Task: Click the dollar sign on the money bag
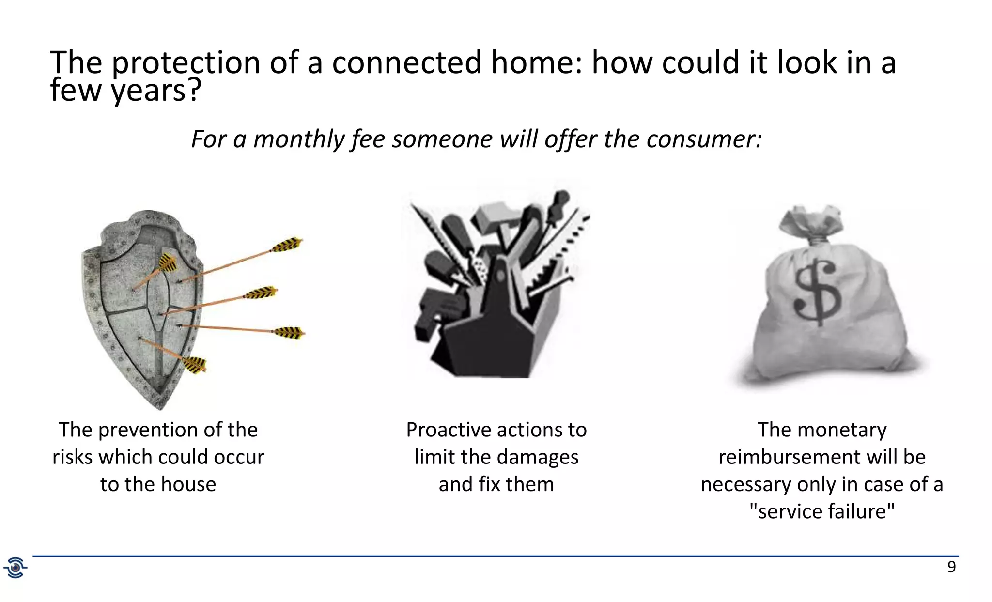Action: tap(818, 292)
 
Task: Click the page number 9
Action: tap(951, 567)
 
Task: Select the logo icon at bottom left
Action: tap(15, 567)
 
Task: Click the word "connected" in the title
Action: tap(406, 63)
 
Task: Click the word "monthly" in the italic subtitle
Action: tap(298, 139)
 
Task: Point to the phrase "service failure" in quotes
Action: tap(822, 511)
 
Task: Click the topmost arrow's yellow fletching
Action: tap(287, 245)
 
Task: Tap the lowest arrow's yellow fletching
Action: tap(195, 364)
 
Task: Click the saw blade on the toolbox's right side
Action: tap(562, 252)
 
